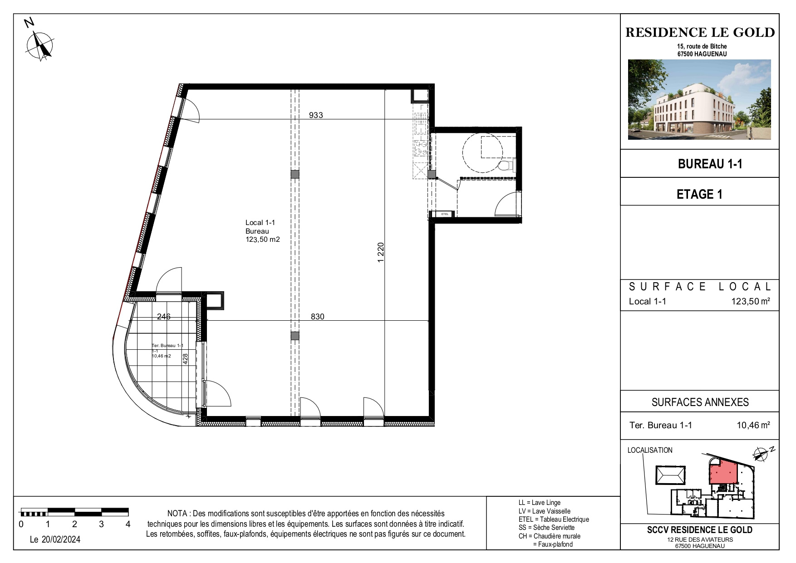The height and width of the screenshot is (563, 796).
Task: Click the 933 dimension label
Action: (x=316, y=115)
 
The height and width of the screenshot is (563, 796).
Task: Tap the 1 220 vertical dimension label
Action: (x=381, y=252)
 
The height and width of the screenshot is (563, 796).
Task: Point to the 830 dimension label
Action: (x=318, y=317)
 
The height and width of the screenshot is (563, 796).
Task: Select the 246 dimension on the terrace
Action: (x=163, y=317)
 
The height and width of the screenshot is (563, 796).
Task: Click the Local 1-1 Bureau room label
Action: (x=263, y=231)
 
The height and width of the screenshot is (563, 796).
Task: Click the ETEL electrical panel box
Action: (x=445, y=214)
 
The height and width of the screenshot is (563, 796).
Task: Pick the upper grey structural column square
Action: (x=295, y=174)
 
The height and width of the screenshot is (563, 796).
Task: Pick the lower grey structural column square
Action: (x=295, y=336)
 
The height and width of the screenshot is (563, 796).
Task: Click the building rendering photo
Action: (x=699, y=99)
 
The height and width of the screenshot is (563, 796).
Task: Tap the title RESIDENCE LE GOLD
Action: (x=700, y=32)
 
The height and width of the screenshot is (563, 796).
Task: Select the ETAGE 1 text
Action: (x=699, y=194)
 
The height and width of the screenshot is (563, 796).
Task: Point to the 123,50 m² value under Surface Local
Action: (x=751, y=301)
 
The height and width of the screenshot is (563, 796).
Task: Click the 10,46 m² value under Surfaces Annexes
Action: (x=753, y=425)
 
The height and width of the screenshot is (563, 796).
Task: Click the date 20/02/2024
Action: (x=55, y=540)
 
